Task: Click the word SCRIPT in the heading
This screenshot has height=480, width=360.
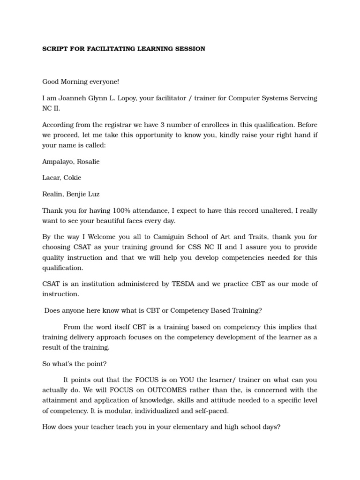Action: click(53, 49)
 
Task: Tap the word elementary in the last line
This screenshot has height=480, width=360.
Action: click(185, 427)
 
